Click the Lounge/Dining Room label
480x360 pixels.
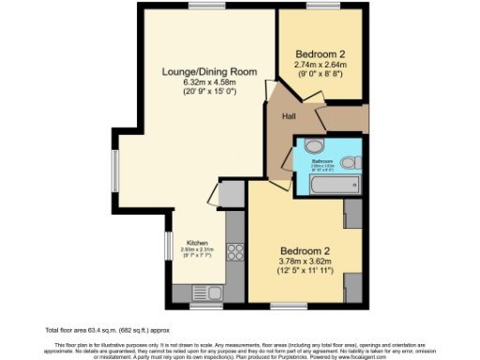click(x=196, y=71)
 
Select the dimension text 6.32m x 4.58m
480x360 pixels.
click(x=196, y=82)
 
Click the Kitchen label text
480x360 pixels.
click(x=196, y=242)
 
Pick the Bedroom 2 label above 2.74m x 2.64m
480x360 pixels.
click(x=322, y=53)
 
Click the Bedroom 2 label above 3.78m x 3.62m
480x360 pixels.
click(x=307, y=250)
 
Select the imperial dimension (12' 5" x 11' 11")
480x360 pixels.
click(x=307, y=272)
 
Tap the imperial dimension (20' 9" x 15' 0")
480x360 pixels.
click(x=196, y=92)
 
